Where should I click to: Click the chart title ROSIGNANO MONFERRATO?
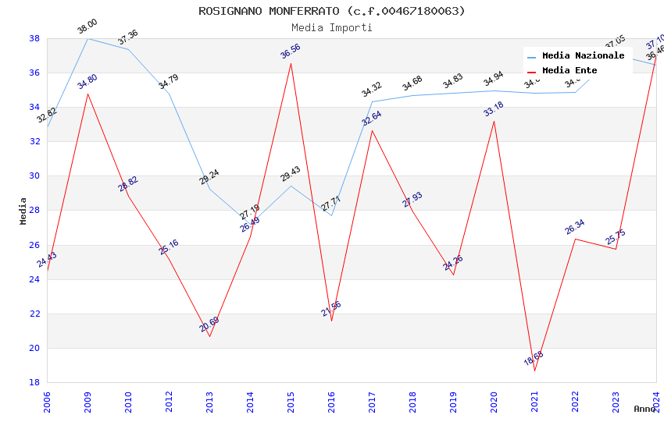tap(332, 11)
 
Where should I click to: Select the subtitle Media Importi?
tap(332, 27)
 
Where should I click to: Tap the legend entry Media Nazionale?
tap(583, 55)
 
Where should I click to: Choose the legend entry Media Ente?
tap(569, 70)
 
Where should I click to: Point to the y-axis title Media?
tap(23, 211)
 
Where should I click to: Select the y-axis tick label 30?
tap(34, 176)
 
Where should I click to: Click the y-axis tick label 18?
tap(34, 383)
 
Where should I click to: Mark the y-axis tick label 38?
tap(34, 38)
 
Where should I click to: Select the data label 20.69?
tap(209, 324)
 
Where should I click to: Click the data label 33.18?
tap(494, 109)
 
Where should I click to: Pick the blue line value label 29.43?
tap(291, 173)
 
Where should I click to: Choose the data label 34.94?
tap(494, 79)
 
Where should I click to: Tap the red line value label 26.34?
tap(575, 227)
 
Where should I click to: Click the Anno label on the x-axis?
tap(644, 409)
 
